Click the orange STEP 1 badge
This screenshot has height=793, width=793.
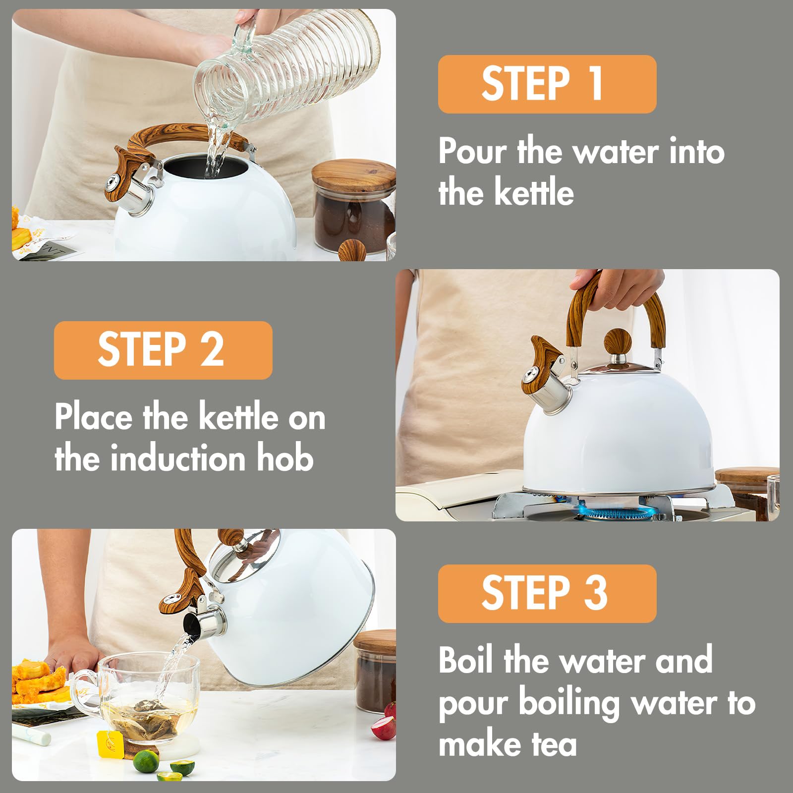pyautogui.click(x=547, y=84)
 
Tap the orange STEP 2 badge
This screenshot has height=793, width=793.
pyautogui.click(x=163, y=350)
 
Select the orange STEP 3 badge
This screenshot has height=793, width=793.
pyautogui.click(x=547, y=593)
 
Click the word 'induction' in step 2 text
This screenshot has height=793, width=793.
pyautogui.click(x=179, y=459)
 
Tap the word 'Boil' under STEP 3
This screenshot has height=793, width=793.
pyautogui.click(x=466, y=660)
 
